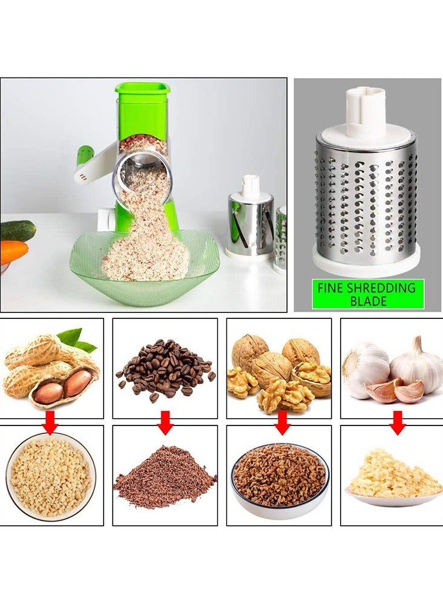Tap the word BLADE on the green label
(369, 300)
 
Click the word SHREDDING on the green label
(382, 287)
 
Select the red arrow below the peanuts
(51, 422)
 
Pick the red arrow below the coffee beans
(165, 422)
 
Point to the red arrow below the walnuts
(282, 422)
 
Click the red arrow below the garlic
(397, 422)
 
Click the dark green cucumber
(17, 231)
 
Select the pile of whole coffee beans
(166, 369)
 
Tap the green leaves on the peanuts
(77, 339)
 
